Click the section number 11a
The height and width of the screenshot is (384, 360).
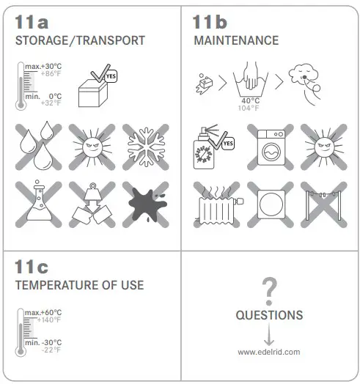(32, 21)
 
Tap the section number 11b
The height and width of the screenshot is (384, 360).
(210, 21)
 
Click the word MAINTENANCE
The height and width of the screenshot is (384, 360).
(236, 40)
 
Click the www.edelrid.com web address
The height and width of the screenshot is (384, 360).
(269, 352)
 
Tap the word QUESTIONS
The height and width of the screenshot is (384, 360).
(269, 316)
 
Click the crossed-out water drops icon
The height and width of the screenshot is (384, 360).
(41, 147)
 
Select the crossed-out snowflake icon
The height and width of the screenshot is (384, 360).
(145, 147)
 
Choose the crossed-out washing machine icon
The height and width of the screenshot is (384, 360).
(269, 147)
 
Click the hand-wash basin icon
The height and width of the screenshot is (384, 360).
(249, 81)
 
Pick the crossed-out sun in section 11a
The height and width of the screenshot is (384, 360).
(93, 147)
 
